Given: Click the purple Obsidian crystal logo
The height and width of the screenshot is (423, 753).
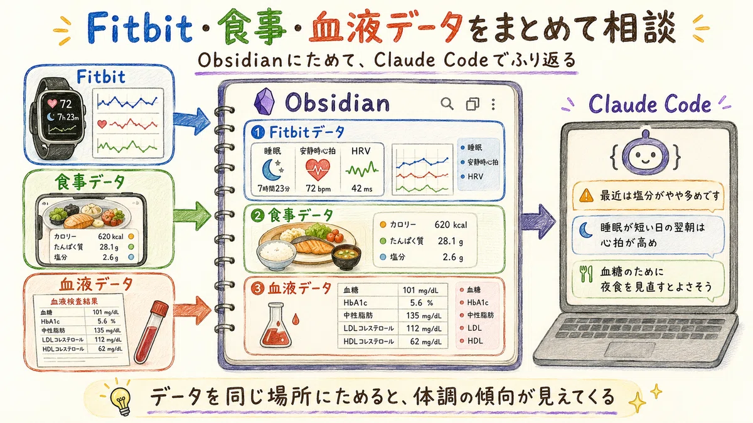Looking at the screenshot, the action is coord(264,102).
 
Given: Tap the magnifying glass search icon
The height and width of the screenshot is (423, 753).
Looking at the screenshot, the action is coord(447,104).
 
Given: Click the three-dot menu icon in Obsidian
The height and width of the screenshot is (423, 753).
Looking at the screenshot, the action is coord(493,105).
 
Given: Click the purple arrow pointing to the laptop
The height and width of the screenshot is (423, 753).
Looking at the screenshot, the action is coord(538,222).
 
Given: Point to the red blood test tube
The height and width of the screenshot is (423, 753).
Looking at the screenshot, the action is coord(151,332).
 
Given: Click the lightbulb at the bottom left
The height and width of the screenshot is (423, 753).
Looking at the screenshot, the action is coord(120,401).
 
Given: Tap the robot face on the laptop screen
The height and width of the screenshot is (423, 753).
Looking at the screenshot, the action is coord(645,155).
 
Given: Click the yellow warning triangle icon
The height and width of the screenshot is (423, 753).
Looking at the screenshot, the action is coord(586,196).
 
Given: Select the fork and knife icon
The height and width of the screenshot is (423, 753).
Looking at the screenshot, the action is coord(586,274).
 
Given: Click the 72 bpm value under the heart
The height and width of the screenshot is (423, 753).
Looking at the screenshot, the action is coord(318,189).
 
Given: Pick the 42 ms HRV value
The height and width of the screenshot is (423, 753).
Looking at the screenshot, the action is coord(361,189).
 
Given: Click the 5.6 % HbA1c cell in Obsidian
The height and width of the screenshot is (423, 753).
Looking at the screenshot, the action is coord(422,303).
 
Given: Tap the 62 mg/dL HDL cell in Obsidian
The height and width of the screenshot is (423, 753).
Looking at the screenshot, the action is coord(425,342).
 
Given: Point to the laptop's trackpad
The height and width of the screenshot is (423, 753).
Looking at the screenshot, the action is coord(629,350).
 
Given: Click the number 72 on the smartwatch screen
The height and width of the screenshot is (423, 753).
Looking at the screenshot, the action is coord(65,104).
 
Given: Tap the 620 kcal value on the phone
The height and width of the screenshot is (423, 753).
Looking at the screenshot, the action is coord(110,237).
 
